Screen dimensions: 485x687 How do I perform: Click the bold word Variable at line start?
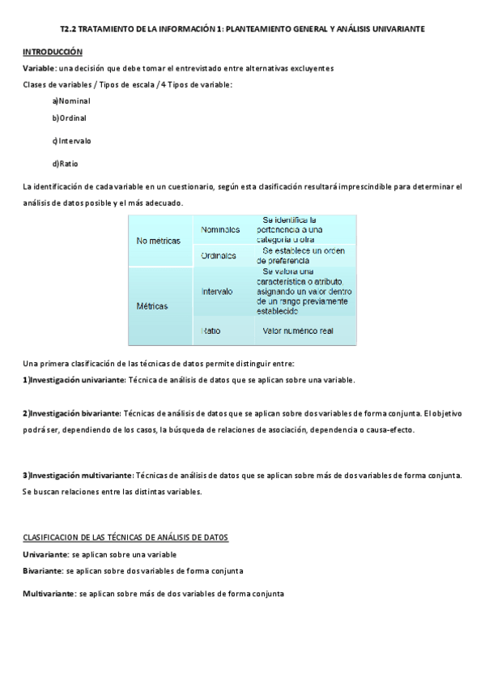[39, 68]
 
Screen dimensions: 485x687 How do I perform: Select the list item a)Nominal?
[70, 100]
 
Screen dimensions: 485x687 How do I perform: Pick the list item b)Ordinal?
[69, 117]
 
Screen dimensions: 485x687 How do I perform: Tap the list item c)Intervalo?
[71, 141]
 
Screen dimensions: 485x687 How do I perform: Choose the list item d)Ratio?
[65, 163]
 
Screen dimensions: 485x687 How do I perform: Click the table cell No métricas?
[159, 241]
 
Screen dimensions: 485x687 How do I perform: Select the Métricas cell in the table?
[152, 306]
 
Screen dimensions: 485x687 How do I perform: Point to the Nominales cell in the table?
[220, 229]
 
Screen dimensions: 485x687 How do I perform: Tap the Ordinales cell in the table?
[219, 256]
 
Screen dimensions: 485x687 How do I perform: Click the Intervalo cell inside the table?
[217, 291]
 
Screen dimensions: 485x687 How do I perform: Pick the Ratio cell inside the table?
[211, 331]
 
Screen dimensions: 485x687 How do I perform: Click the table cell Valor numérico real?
[298, 331]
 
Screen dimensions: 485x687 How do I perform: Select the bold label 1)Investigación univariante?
[74, 379]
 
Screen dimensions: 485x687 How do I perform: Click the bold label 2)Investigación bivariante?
[71, 413]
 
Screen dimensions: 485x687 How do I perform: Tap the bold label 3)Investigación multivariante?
[78, 475]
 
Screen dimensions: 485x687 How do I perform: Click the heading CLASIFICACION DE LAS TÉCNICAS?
[126, 537]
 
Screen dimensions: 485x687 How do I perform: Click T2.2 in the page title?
[70, 28]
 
